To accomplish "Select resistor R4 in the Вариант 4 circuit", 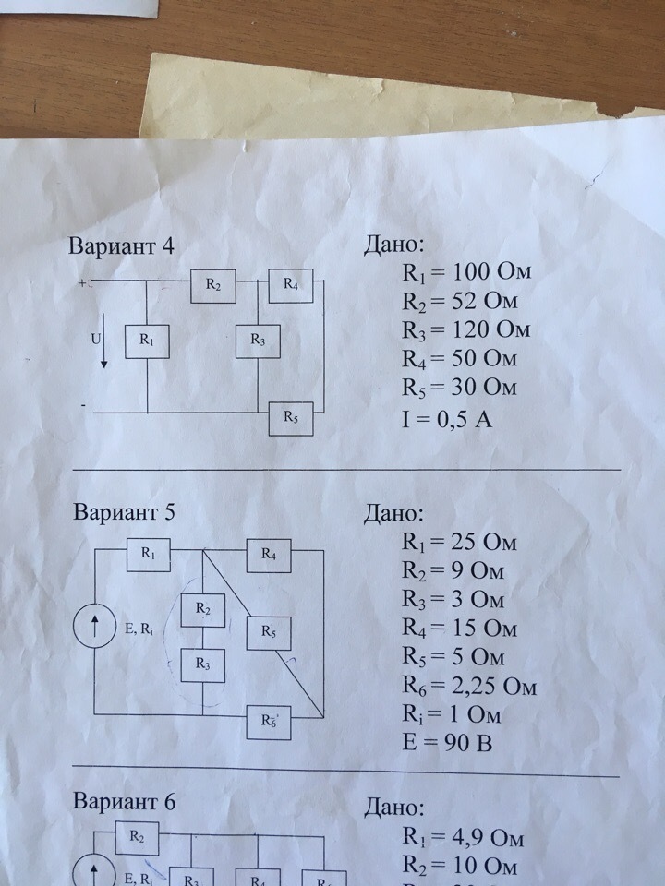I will (x=290, y=286).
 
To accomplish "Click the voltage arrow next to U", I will (x=104, y=341).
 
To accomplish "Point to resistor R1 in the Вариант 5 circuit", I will (x=148, y=556).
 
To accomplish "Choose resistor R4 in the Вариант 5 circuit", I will (x=268, y=556).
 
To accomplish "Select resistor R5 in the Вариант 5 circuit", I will (x=268, y=633).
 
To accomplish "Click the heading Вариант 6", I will (x=124, y=801).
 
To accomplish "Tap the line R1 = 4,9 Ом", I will (x=463, y=838).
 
